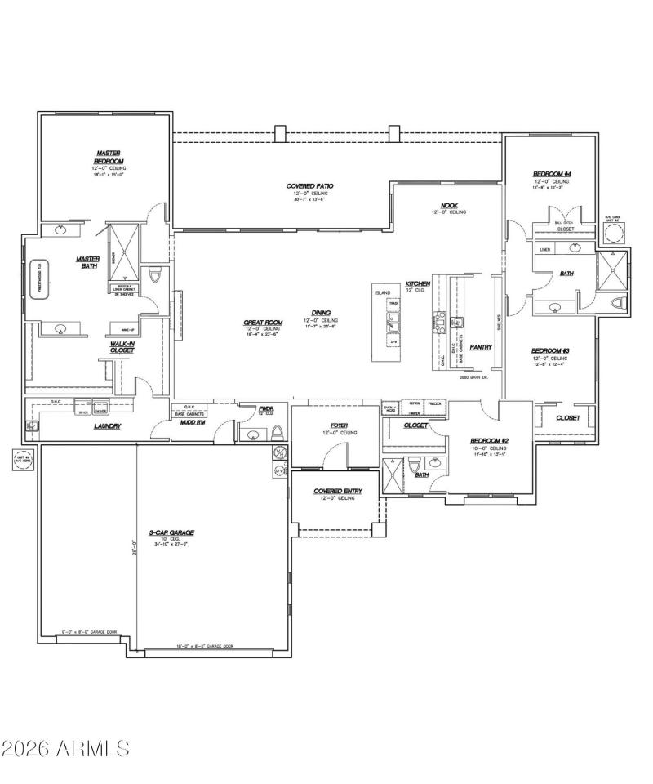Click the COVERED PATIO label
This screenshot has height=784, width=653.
click(x=309, y=186)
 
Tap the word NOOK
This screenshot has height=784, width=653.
click(x=449, y=206)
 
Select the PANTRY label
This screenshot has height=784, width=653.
click(x=481, y=347)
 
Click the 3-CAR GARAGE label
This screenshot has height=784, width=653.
click(x=171, y=532)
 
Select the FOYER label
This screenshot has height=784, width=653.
click(x=340, y=425)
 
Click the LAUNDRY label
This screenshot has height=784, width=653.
click(x=107, y=426)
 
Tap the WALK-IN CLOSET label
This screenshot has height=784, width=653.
click(x=122, y=347)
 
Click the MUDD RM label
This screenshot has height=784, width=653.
click(x=193, y=422)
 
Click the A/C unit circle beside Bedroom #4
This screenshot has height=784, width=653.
click(x=614, y=234)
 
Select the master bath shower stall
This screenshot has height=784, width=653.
click(x=124, y=244)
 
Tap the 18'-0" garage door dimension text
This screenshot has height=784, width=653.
click(x=205, y=646)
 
